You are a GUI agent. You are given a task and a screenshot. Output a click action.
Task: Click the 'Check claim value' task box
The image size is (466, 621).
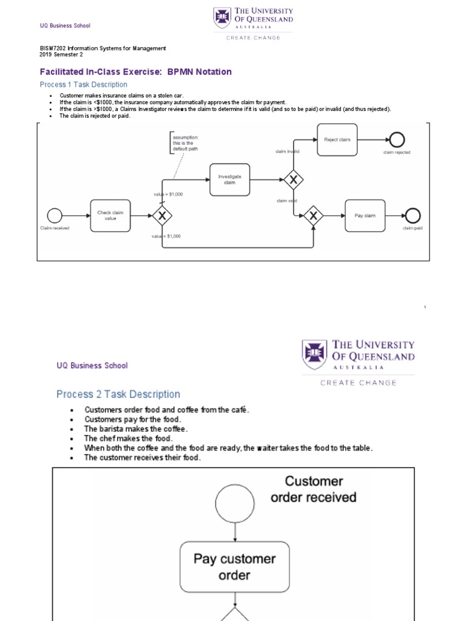coord(110,215)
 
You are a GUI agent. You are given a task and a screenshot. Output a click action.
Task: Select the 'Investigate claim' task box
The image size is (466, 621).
coord(229,180)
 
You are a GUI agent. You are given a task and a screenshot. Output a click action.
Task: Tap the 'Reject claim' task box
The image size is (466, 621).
coord(337,139)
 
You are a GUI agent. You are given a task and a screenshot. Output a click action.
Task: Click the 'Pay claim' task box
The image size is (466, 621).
coord(365,215)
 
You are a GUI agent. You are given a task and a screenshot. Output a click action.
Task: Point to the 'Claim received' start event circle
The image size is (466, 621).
coord(55,215)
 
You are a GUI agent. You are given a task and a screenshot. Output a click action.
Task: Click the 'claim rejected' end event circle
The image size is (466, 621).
coord(397,139)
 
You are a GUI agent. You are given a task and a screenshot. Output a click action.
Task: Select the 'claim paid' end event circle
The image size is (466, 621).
coord(414,215)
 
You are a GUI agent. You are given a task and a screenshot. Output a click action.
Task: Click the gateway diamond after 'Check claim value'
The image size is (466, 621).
coord(162,215)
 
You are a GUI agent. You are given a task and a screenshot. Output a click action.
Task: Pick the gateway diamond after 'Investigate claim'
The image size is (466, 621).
coord(294,180)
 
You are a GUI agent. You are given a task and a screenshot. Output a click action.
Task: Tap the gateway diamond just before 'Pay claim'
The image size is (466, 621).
coord(313,215)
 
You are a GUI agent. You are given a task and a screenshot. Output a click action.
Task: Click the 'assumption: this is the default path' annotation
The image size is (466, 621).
coord(186,143)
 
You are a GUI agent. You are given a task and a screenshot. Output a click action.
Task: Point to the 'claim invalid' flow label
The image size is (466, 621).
coord(287,152)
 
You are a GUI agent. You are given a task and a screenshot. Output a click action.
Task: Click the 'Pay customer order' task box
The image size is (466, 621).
coord(234,566)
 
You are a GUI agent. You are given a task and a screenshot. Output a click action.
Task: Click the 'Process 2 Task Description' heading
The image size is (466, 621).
coord(118,394)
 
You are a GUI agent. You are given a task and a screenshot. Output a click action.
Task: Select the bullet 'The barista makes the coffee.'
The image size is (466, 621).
coord(136,429)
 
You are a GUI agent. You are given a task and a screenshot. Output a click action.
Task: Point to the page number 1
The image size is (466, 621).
coord(425,308)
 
